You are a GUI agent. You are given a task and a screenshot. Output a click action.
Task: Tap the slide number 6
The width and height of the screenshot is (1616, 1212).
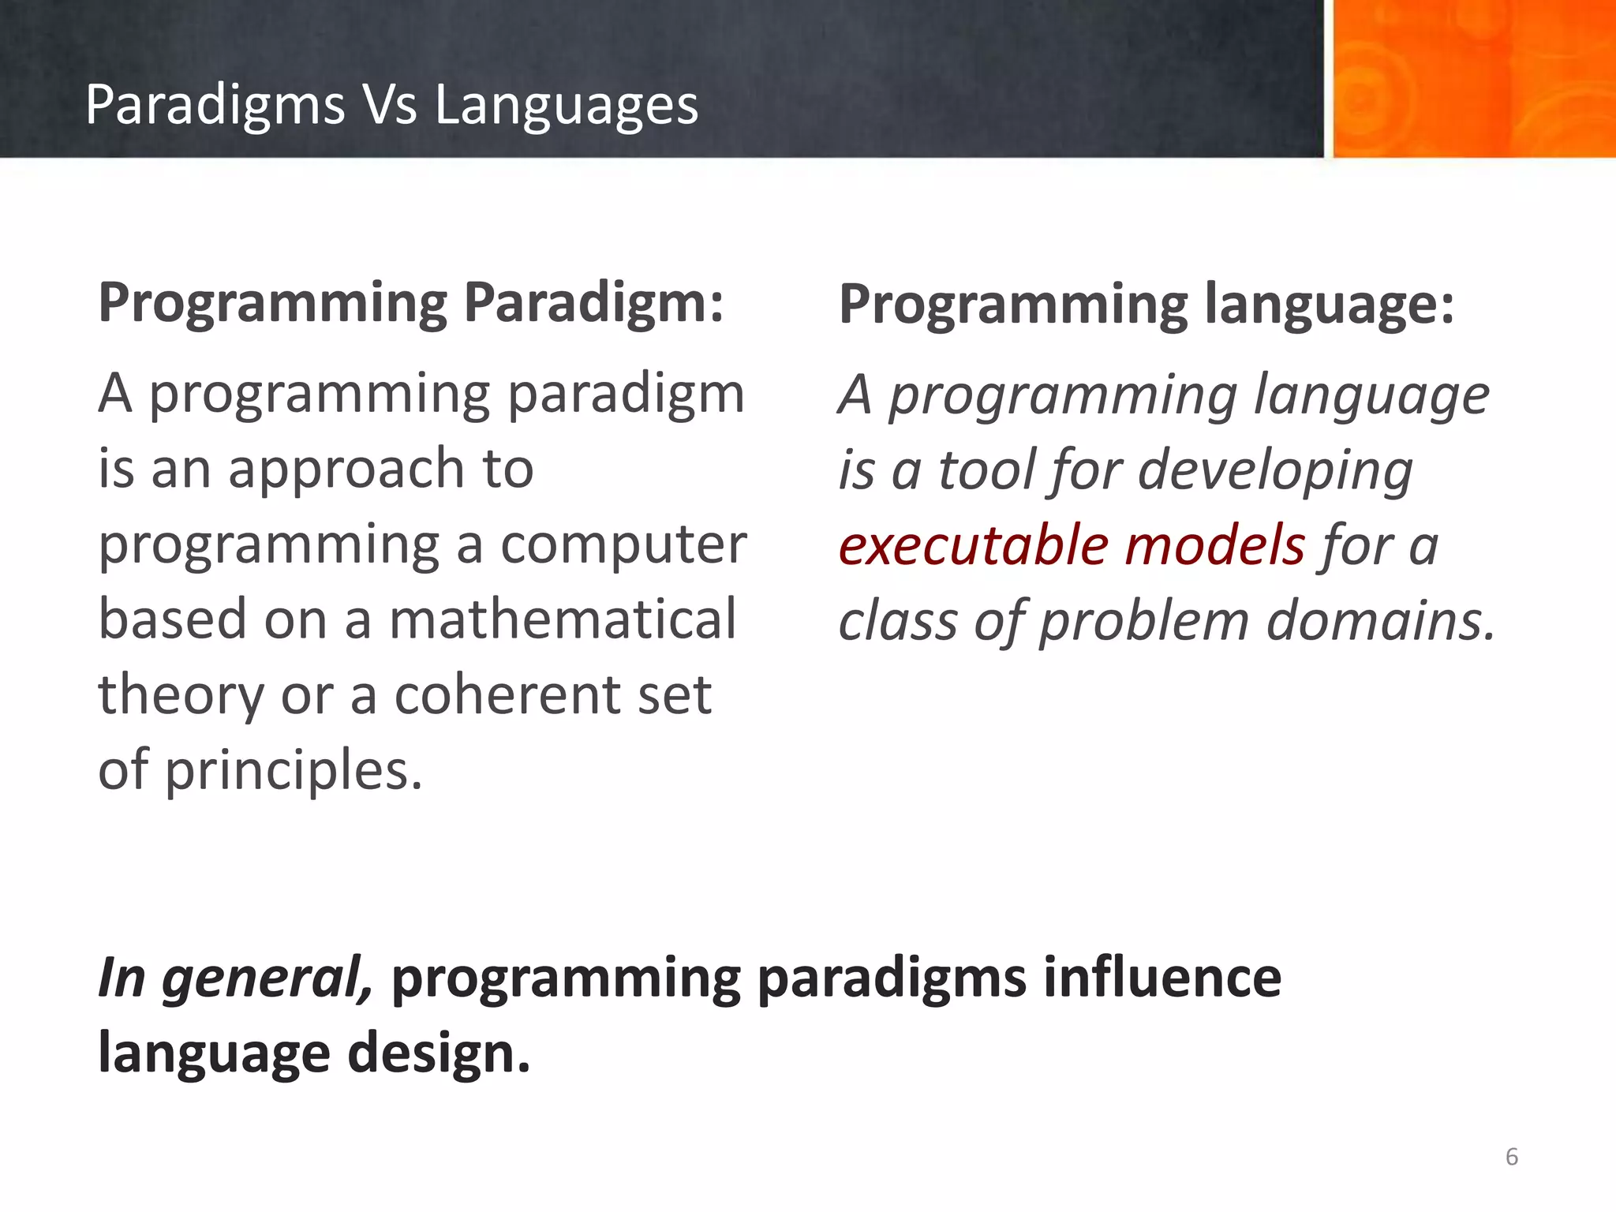pyautogui.click(x=1511, y=1157)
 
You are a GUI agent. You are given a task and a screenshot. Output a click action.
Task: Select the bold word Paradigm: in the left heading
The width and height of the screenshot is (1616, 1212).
pyautogui.click(x=593, y=303)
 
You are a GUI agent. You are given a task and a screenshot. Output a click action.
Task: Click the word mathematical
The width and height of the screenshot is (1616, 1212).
pyautogui.click(x=563, y=619)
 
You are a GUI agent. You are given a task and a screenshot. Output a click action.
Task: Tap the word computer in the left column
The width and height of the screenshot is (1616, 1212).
pyautogui.click(x=623, y=544)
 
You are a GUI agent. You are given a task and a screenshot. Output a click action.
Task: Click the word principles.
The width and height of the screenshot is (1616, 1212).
pyautogui.click(x=293, y=771)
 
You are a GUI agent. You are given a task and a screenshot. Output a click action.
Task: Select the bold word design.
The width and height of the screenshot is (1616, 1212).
pyautogui.click(x=439, y=1054)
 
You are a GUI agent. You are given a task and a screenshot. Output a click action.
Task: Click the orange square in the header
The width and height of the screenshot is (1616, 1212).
pyautogui.click(x=1473, y=79)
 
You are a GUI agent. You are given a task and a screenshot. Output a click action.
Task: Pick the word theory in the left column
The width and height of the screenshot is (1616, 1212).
pyautogui.click(x=181, y=695)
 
